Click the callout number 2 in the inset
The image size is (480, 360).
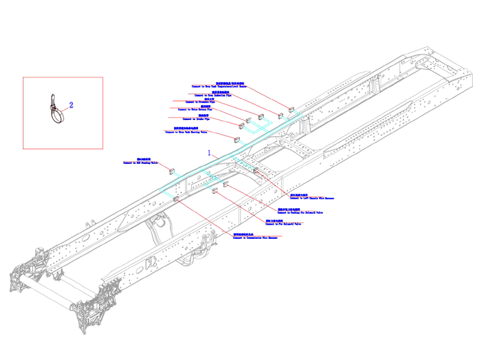tap(71, 105)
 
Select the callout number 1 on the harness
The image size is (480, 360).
tap(209, 153)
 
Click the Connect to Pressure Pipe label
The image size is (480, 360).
tap(202, 102)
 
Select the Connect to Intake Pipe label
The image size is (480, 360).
tap(187, 119)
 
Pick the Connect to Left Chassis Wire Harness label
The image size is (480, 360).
tap(311, 197)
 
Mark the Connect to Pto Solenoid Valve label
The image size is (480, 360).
tap(288, 224)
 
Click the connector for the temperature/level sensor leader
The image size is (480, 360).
tap(291, 110)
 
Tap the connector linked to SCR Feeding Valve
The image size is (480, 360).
tap(172, 171)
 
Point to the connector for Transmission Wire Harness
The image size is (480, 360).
tap(176, 199)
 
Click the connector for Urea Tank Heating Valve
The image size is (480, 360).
tap(235, 140)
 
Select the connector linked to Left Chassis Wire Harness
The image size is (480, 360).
tap(256, 172)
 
